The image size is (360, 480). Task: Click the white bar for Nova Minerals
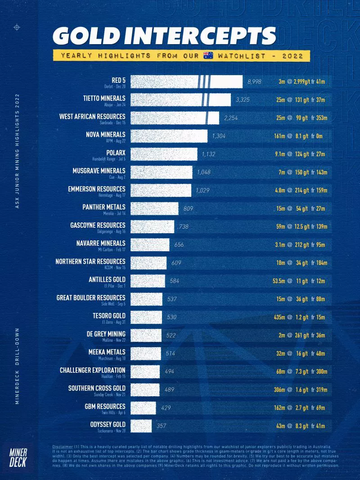coord(169,136)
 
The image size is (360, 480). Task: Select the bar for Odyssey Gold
coord(141,426)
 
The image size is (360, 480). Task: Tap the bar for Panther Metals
coord(155,208)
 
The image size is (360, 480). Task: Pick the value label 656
coord(179,245)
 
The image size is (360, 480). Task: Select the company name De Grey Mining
coord(103,334)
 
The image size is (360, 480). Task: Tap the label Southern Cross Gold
coord(97,388)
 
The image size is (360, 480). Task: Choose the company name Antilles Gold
coord(107,280)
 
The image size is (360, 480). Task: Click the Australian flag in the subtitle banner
coord(208,56)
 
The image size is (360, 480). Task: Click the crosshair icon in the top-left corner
coord(17,28)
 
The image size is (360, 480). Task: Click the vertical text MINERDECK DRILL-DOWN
coord(17,368)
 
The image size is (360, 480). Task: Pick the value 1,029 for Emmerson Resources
coord(202,190)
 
